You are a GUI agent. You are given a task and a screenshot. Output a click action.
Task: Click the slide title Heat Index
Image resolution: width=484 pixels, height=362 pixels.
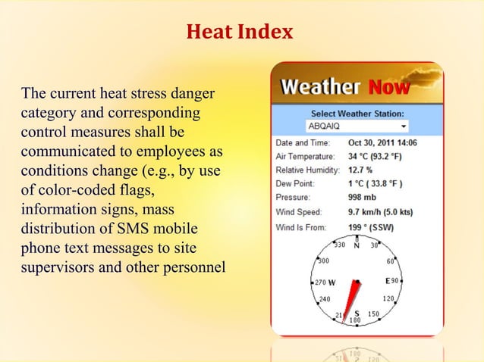click(x=239, y=33)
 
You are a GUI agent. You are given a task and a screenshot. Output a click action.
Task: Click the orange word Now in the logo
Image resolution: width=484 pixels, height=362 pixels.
click(x=389, y=88)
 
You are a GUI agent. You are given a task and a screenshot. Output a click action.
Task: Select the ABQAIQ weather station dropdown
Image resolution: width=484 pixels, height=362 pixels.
click(x=357, y=125)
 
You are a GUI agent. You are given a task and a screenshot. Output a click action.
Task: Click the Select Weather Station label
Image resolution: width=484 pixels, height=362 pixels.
click(x=357, y=113)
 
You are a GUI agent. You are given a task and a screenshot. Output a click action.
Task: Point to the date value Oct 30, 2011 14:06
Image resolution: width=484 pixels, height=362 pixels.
click(x=382, y=142)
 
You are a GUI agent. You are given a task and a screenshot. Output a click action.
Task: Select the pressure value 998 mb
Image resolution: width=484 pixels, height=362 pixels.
click(x=363, y=197)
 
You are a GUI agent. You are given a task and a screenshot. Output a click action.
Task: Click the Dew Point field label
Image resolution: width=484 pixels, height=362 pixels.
click(x=295, y=183)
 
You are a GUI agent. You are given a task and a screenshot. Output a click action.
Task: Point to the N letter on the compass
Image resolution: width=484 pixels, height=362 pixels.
click(x=357, y=245)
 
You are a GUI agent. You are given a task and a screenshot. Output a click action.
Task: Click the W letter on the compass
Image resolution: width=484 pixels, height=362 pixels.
click(x=332, y=282)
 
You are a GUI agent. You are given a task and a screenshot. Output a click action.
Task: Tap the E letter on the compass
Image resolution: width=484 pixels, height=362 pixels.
click(x=387, y=281)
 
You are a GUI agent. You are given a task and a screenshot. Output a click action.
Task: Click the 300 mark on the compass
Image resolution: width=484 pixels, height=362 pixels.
click(x=323, y=261)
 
